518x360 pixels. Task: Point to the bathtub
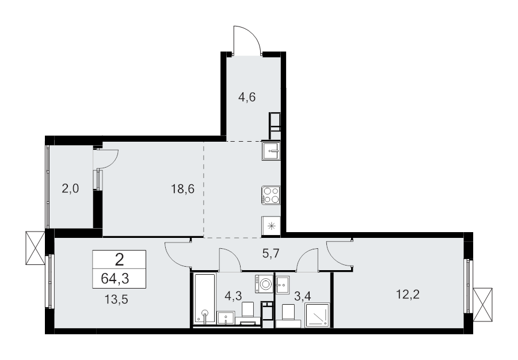point(204,300)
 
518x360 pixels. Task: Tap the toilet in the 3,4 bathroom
point(289,312)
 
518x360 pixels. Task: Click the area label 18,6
point(182,188)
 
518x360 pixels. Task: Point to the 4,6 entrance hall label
point(246,97)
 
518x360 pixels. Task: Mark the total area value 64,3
point(119,279)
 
